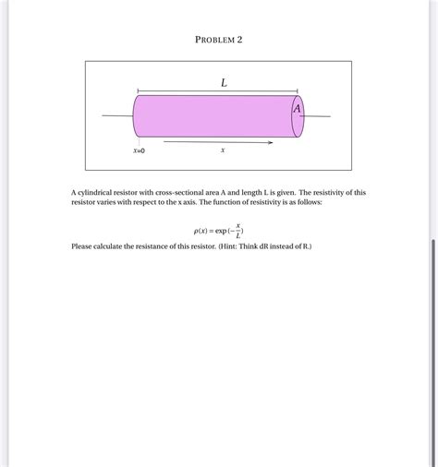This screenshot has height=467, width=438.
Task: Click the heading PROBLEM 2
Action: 219,40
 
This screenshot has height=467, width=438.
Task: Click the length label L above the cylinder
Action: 224,83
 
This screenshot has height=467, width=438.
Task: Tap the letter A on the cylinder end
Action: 297,109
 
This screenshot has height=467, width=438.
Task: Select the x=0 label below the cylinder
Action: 139,150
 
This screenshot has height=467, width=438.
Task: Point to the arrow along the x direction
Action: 218,143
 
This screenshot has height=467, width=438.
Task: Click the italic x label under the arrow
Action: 223,150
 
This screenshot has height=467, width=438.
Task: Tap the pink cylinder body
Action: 213,116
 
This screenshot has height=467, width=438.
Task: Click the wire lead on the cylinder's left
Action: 117,116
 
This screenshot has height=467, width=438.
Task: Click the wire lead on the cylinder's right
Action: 316,116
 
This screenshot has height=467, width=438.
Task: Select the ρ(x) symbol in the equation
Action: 201,231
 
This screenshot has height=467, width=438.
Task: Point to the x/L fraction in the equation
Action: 238,230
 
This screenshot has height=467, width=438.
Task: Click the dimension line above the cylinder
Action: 185,90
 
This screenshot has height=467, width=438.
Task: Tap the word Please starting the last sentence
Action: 82,247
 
